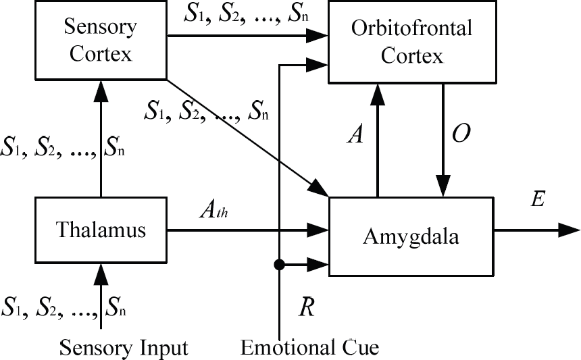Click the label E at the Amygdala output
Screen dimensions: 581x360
point(538,199)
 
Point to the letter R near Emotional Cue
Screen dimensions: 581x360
point(307,307)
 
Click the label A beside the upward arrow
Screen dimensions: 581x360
point(356,134)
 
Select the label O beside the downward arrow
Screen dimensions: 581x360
point(461,133)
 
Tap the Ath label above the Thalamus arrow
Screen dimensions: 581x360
point(213,210)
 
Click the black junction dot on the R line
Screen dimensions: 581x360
point(279,265)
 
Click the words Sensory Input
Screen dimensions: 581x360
point(124,348)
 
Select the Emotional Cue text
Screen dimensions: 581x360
point(310,347)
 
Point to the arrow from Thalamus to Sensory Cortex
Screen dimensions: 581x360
point(101,138)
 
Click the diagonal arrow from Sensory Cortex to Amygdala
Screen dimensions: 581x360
point(247,138)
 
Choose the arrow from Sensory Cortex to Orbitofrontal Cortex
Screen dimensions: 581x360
point(248,36)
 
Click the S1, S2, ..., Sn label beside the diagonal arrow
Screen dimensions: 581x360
point(206,111)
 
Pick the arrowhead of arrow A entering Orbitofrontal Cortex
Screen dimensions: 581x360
point(377,95)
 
